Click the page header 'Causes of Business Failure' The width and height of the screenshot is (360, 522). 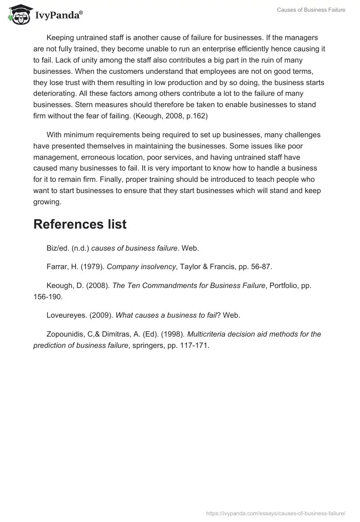pos(311,10)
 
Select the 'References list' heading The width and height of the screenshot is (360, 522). pos(80,224)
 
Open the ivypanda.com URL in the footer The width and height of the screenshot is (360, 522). pos(276,513)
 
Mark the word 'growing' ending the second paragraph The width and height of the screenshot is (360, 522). pos(46,202)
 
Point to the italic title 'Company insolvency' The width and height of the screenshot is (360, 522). pos(141,266)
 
